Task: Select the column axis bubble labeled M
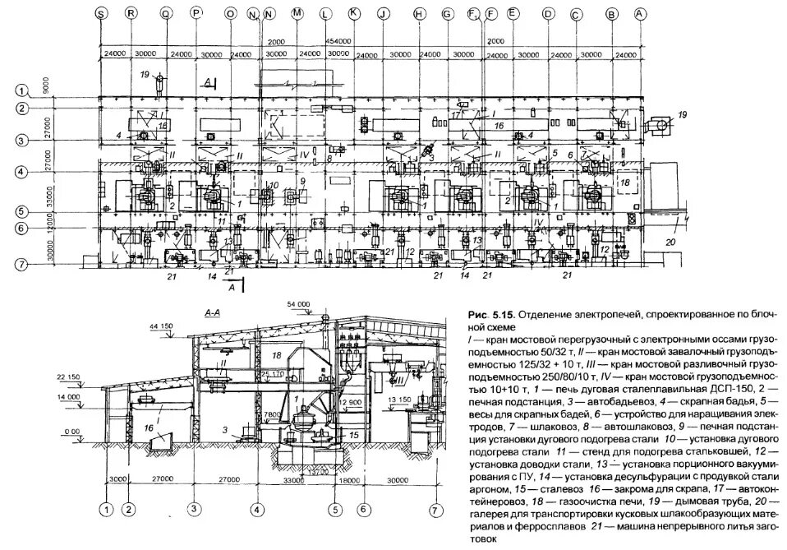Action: coord(297,13)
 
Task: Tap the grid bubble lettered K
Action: coord(353,13)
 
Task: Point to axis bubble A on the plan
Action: coord(641,13)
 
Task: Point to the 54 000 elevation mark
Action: coord(298,303)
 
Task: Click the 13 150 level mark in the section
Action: coord(398,400)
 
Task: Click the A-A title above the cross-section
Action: coord(210,313)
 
